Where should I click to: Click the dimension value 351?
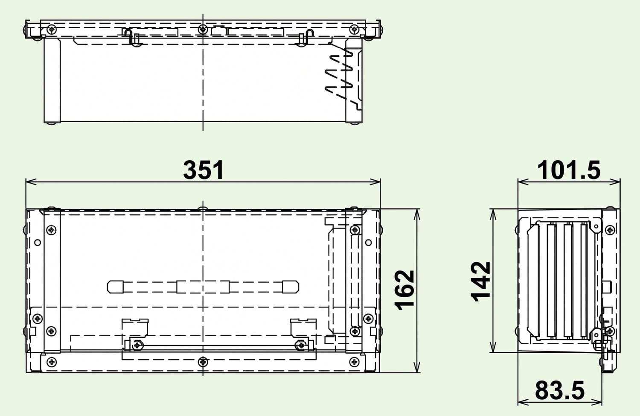click(203, 170)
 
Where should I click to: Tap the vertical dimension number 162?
click(404, 290)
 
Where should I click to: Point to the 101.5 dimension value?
click(569, 170)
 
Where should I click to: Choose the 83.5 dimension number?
click(560, 391)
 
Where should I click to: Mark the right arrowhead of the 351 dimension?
click(375, 182)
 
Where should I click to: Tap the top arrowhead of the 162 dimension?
click(417, 214)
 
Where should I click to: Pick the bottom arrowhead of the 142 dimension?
click(493, 347)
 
